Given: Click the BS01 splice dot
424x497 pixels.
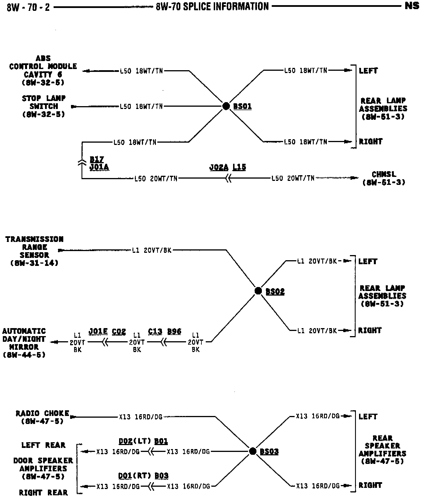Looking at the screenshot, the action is [226, 106].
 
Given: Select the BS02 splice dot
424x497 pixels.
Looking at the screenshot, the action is [258, 291].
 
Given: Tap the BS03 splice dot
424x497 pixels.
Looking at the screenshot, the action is [252, 451].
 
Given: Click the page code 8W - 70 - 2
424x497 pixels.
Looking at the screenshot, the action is [28, 7].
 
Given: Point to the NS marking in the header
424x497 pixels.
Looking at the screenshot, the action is [412, 6].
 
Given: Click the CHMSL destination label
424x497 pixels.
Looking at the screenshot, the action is [384, 178].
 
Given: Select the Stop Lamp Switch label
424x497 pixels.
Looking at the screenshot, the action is [44, 106].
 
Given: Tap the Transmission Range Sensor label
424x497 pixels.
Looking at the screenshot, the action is [34, 251].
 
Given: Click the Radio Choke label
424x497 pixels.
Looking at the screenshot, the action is [42, 417].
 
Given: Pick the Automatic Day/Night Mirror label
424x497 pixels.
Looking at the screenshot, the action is [24, 343].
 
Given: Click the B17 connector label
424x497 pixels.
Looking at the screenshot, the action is [97, 159].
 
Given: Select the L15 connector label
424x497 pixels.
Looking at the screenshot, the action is [239, 167].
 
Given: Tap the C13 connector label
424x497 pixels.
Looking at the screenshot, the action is [155, 331].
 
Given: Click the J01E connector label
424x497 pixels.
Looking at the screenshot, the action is [98, 331].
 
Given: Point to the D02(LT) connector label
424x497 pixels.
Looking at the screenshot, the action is [134, 441].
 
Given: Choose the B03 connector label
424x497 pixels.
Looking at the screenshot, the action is [162, 475].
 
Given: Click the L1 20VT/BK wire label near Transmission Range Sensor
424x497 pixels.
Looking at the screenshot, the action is [152, 250].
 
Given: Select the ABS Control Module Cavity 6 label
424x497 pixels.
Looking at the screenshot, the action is [43, 70].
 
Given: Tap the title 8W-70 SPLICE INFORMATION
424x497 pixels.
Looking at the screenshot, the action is [212, 6].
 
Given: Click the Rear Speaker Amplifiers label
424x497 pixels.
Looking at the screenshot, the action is [382, 449].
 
